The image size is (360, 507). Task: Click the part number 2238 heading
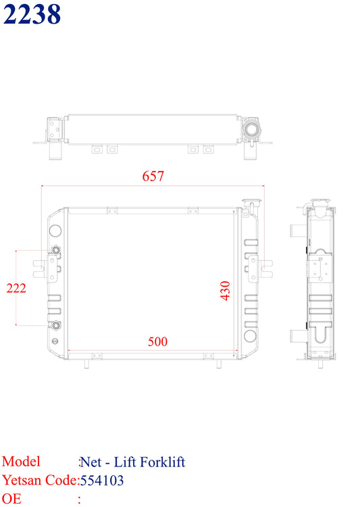pyautogui.click(x=32, y=14)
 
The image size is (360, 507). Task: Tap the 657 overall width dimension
pyautogui.click(x=153, y=176)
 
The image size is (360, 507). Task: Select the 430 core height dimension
pyautogui.click(x=225, y=291)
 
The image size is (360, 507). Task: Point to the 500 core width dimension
pyautogui.click(x=157, y=342)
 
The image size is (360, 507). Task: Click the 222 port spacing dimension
pyautogui.click(x=16, y=288)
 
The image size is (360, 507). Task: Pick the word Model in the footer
pyautogui.click(x=21, y=462)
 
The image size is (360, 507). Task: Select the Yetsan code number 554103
pyautogui.click(x=102, y=481)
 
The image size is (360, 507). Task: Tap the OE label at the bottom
pyautogui.click(x=11, y=499)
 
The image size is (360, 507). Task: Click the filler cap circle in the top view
pyautogui.click(x=251, y=129)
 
